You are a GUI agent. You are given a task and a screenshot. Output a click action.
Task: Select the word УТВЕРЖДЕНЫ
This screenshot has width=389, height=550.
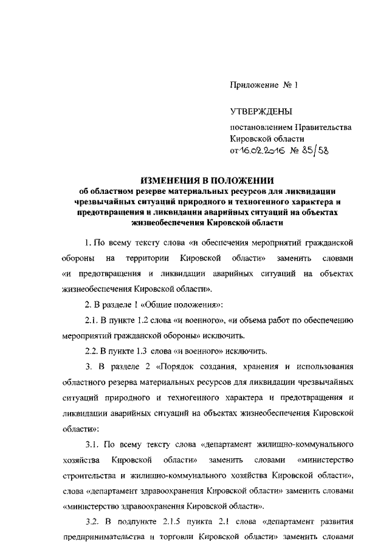pyautogui.click(x=260, y=112)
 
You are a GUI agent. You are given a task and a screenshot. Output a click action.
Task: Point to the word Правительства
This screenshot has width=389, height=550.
pyautogui.click(x=323, y=128)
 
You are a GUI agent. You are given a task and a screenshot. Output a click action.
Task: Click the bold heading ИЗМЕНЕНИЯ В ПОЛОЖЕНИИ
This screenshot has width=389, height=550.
pyautogui.click(x=207, y=180)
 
